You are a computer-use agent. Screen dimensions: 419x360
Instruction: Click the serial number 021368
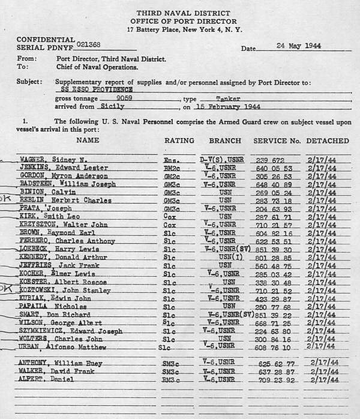click(x=91, y=46)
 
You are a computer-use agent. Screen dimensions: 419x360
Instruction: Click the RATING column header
click(x=179, y=140)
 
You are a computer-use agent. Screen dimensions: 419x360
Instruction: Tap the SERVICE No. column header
click(x=277, y=140)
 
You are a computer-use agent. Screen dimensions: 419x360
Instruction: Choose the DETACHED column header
click(x=328, y=140)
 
